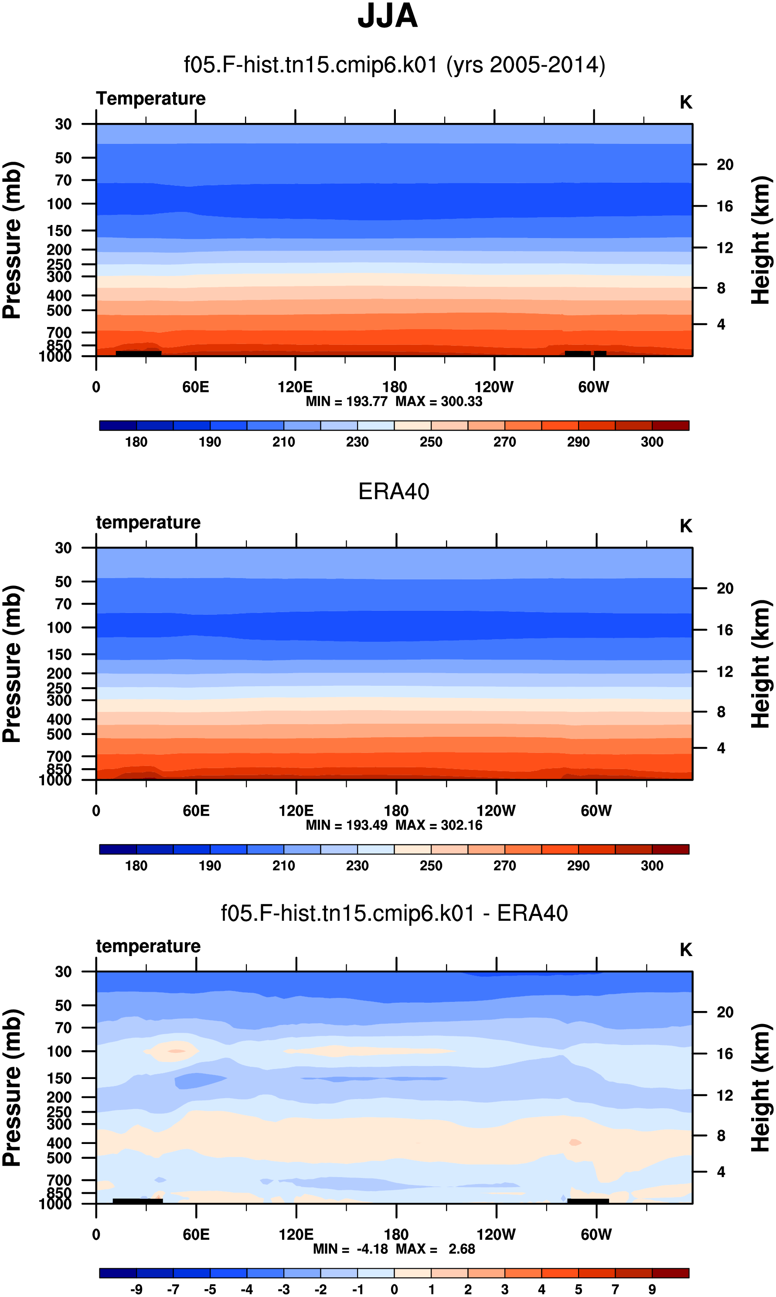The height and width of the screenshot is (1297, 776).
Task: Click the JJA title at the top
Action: click(x=388, y=16)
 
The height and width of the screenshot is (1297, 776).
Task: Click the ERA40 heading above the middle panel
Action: click(x=394, y=491)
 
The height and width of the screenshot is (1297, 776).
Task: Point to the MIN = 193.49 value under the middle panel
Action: click(x=347, y=825)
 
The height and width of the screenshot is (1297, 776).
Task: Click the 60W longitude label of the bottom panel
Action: click(x=596, y=1234)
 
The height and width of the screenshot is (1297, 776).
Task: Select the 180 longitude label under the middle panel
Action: click(x=396, y=811)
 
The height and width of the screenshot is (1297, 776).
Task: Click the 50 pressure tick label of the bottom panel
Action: click(x=63, y=1005)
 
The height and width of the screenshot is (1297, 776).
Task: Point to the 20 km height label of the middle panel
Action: click(x=725, y=588)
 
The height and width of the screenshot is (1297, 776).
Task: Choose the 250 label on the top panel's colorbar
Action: click(x=431, y=442)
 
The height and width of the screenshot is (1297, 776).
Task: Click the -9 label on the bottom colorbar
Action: click(x=136, y=1289)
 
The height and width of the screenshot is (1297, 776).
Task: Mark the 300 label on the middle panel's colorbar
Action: click(x=652, y=866)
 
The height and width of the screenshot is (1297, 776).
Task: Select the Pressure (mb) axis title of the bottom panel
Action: click(x=11, y=1088)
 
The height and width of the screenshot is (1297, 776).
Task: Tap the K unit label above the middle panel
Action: click(x=686, y=526)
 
